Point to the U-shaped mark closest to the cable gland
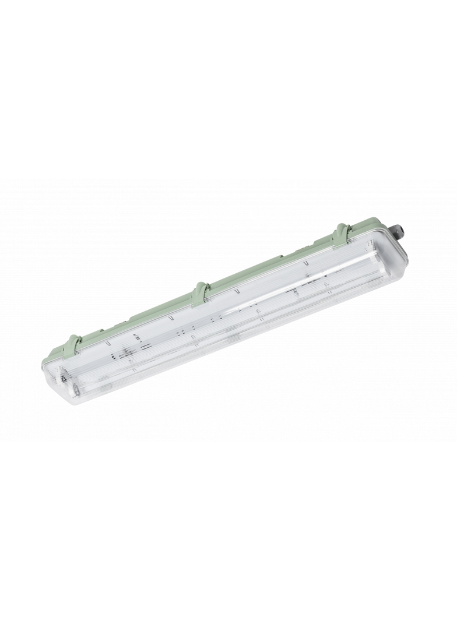(305, 264)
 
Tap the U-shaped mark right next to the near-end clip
(108, 345)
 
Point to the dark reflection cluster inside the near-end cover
(125, 352)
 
